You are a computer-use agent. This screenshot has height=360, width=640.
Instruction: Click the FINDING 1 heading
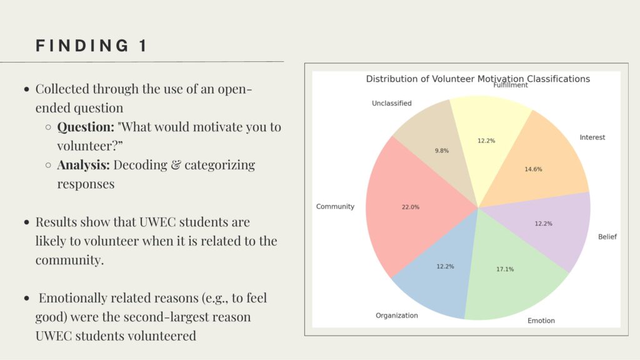point(91,46)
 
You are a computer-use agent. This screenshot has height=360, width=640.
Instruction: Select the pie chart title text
point(477,79)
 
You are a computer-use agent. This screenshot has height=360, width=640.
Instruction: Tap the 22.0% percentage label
point(410,207)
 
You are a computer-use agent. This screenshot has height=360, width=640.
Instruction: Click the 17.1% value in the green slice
point(505,269)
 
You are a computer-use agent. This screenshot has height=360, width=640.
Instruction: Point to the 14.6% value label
point(533,169)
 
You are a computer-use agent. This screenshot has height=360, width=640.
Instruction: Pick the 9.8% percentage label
point(442,151)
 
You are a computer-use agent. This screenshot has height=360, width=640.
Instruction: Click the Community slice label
point(335,206)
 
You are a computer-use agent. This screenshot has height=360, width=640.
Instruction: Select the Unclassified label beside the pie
point(391,103)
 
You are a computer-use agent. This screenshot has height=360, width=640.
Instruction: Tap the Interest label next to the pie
point(592,137)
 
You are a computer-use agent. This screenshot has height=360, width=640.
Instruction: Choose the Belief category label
point(607,237)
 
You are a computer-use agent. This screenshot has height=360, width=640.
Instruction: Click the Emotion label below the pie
point(541,321)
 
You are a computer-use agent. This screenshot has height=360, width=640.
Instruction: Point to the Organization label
point(397,316)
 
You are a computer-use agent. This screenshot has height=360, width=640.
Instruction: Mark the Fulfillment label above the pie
point(511,85)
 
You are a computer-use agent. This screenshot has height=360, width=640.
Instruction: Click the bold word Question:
point(86,127)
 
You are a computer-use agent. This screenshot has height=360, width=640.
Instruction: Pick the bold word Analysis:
point(83,165)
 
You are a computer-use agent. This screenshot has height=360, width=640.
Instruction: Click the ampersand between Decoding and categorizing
point(176,165)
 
